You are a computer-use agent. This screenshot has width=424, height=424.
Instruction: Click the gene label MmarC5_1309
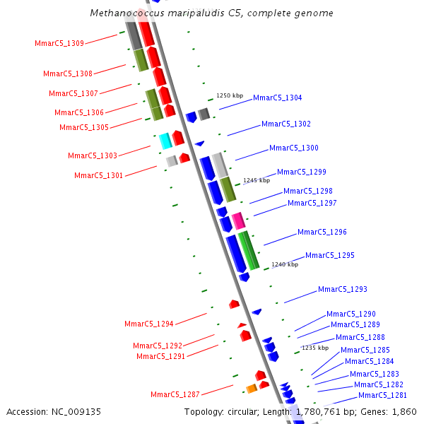59,44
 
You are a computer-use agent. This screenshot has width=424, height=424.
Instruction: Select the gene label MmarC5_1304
277,98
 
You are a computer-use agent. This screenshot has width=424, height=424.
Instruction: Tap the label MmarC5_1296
322,232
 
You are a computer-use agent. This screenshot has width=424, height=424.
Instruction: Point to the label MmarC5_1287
175,394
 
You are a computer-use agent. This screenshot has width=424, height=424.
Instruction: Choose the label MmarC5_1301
98,175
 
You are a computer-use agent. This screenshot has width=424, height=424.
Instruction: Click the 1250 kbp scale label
230,95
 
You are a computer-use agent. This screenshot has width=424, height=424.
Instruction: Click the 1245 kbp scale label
257,180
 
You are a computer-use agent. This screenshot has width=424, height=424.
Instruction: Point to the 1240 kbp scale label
285,264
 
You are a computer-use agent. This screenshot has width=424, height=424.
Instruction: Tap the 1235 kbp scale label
315,348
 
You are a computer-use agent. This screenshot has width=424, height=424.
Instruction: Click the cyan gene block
165,141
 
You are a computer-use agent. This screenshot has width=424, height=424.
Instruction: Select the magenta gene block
238,220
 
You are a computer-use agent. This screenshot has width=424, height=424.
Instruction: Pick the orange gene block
251,388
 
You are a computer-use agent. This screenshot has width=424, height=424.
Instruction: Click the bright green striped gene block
247,249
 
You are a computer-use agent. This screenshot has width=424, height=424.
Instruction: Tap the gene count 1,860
404,411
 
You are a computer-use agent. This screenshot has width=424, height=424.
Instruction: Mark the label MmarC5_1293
342,290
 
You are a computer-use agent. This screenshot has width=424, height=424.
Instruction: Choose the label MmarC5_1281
382,396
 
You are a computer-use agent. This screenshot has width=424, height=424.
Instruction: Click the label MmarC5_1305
84,128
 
